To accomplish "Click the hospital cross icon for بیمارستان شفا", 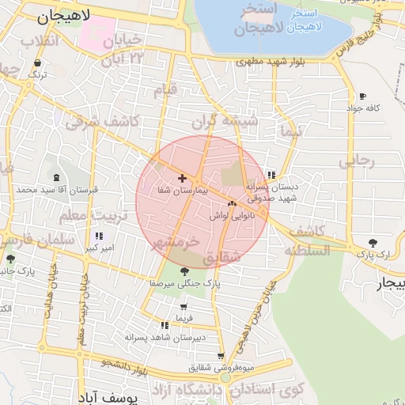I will pos(183,179).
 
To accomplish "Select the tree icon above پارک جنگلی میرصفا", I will pos(184,271).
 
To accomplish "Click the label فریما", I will pos(184,318).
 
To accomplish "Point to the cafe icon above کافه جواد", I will pos(362,96).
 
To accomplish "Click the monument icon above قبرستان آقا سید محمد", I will pos(56,178).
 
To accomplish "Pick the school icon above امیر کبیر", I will pos(99,237).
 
